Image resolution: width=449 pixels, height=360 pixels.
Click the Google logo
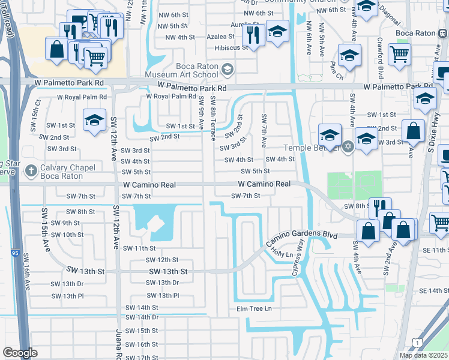[20, 352]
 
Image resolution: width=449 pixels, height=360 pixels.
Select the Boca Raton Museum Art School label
[189, 71]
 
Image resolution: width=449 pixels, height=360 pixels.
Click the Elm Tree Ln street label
[254, 308]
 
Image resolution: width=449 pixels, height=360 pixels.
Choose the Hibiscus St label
[227, 46]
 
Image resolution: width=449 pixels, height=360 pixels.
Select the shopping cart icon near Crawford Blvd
[399, 55]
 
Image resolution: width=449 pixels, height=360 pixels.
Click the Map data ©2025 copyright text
[423, 355]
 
